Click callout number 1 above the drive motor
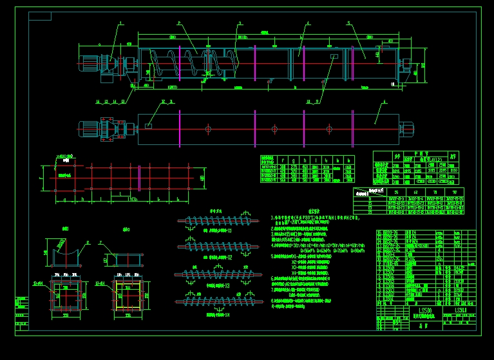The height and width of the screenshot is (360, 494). pyautogui.click(x=120, y=23)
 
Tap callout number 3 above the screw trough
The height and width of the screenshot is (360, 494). pyautogui.click(x=240, y=23)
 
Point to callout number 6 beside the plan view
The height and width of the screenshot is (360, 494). pyautogui.click(x=385, y=101)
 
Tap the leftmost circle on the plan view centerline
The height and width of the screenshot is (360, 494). pyautogui.click(x=209, y=129)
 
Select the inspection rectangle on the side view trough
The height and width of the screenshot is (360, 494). pyautogui.click(x=334, y=57)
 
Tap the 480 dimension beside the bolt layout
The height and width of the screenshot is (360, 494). pyautogui.click(x=202, y=178)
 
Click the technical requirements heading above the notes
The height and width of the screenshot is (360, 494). pyautogui.click(x=314, y=211)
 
